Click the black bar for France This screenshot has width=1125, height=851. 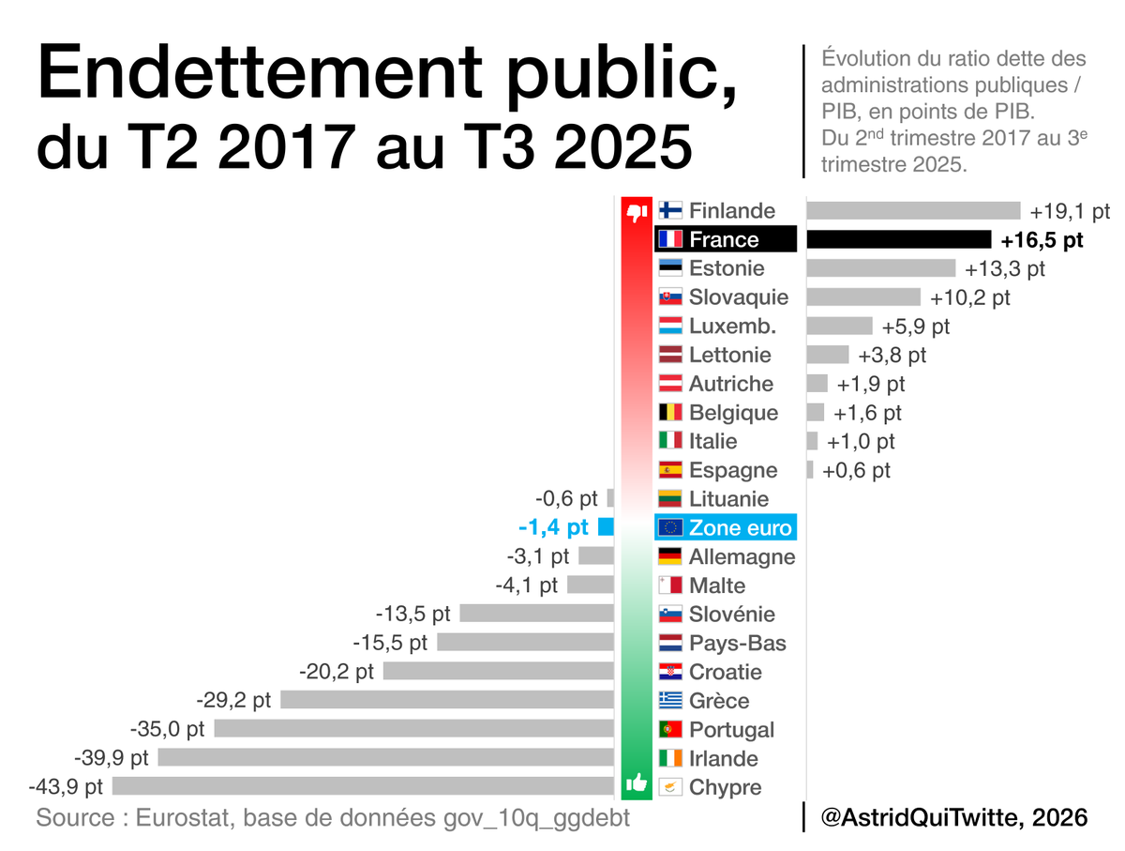[898, 239]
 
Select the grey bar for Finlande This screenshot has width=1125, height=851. [913, 210]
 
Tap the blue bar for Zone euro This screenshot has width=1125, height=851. [606, 527]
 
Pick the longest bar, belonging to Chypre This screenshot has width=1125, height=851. [362, 786]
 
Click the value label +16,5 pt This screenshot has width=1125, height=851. [1042, 240]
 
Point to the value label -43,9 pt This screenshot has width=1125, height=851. [66, 786]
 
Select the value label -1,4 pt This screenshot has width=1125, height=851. [553, 527]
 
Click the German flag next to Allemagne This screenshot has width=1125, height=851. [669, 556]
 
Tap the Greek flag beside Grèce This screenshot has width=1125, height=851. [669, 700]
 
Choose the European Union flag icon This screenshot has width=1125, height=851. [669, 528]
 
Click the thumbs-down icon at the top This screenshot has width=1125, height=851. [637, 213]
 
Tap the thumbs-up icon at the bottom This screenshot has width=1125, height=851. [637, 783]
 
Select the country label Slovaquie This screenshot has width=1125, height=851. [739, 297]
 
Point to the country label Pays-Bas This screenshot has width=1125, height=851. [738, 643]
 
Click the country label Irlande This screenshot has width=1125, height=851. [724, 758]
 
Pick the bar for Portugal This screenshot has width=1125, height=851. [413, 729]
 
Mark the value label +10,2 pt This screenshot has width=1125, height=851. [970, 297]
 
